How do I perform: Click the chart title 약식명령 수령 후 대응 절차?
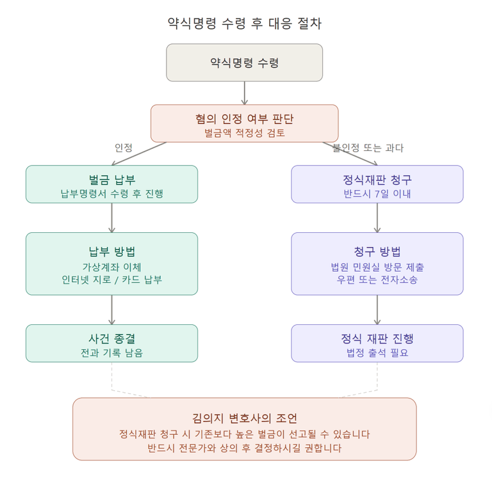point(245,24)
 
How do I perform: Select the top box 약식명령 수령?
point(245,63)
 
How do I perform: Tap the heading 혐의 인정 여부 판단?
point(245,119)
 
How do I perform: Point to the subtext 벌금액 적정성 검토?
point(245,133)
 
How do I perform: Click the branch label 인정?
point(123,148)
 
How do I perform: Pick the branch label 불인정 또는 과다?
point(368,148)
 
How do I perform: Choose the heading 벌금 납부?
point(111,180)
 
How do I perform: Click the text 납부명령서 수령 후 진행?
point(111,194)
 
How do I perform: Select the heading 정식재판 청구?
point(377,180)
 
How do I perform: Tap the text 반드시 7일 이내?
point(377,194)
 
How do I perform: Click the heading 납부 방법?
point(111,251)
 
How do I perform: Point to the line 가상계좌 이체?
point(111,267)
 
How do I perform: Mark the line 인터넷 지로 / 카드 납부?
point(111,279)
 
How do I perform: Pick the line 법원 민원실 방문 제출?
point(377,267)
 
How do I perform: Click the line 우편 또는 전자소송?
point(377,279)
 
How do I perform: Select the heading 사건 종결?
point(111,338)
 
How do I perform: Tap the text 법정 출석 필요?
point(377,352)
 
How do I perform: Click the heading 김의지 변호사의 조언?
point(245,418)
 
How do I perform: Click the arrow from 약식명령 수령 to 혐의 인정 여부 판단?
point(245,93)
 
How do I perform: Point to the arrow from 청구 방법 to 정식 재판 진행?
point(377,310)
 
